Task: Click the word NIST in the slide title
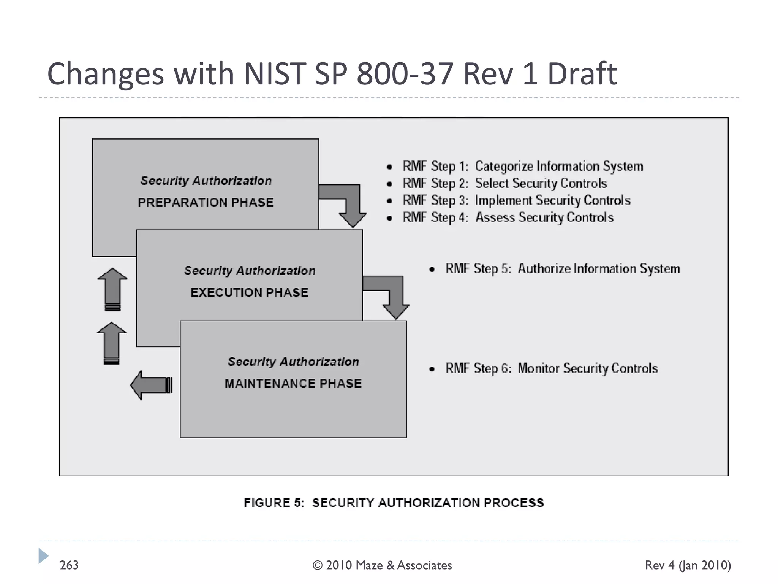click(274, 73)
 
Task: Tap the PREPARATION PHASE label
click(206, 202)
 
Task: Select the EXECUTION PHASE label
click(249, 292)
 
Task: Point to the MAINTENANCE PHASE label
click(293, 383)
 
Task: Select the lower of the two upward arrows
click(112, 343)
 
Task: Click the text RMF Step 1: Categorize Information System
click(523, 167)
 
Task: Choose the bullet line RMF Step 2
click(504, 184)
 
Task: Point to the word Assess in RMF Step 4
click(495, 217)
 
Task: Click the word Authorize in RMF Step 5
click(544, 269)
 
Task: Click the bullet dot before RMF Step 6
click(432, 369)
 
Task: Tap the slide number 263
click(69, 565)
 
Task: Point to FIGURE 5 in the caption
click(274, 503)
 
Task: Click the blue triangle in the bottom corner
click(43, 556)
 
